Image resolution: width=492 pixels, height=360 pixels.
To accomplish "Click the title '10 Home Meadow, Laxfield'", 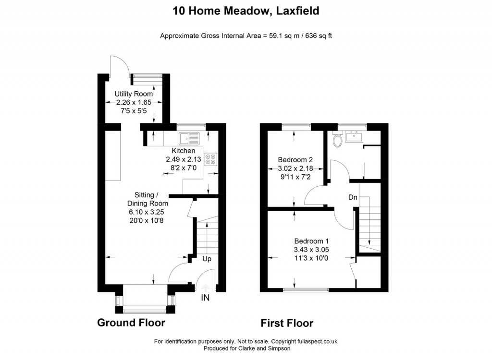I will (x=246, y=11).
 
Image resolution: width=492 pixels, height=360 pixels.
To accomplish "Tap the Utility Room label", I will (x=133, y=94).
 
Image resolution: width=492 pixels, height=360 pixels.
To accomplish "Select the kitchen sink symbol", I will (x=189, y=139).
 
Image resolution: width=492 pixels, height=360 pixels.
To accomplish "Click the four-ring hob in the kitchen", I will (x=210, y=159).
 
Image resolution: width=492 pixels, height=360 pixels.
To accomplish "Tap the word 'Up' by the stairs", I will (x=207, y=259).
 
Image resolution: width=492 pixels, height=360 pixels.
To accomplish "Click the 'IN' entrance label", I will (x=205, y=298).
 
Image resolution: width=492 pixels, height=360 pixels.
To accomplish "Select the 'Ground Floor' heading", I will (x=131, y=323).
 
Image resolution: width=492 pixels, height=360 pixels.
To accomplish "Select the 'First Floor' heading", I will (x=287, y=323).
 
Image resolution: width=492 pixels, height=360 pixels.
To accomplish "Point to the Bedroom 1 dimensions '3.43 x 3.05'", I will (x=311, y=250).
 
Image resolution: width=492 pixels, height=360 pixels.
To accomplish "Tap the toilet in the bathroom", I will (x=338, y=139).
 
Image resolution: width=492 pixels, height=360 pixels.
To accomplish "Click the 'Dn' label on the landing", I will (x=352, y=197).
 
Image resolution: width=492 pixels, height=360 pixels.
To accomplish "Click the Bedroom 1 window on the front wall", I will (x=306, y=289).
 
